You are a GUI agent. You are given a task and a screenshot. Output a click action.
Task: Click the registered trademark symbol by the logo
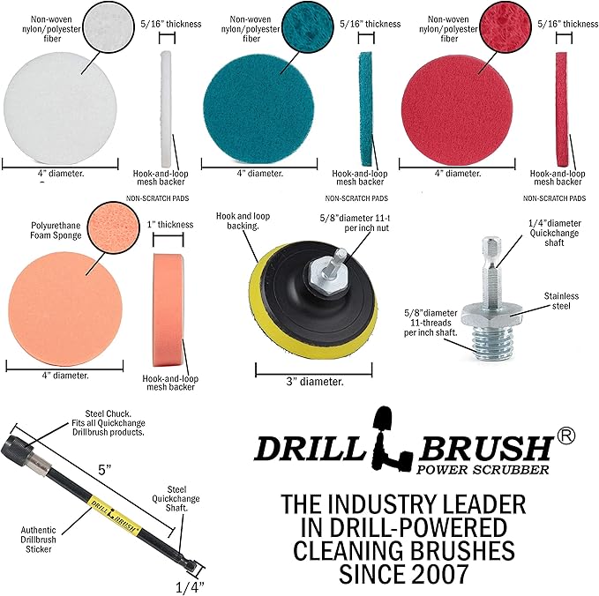pyautogui.click(x=566, y=436)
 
